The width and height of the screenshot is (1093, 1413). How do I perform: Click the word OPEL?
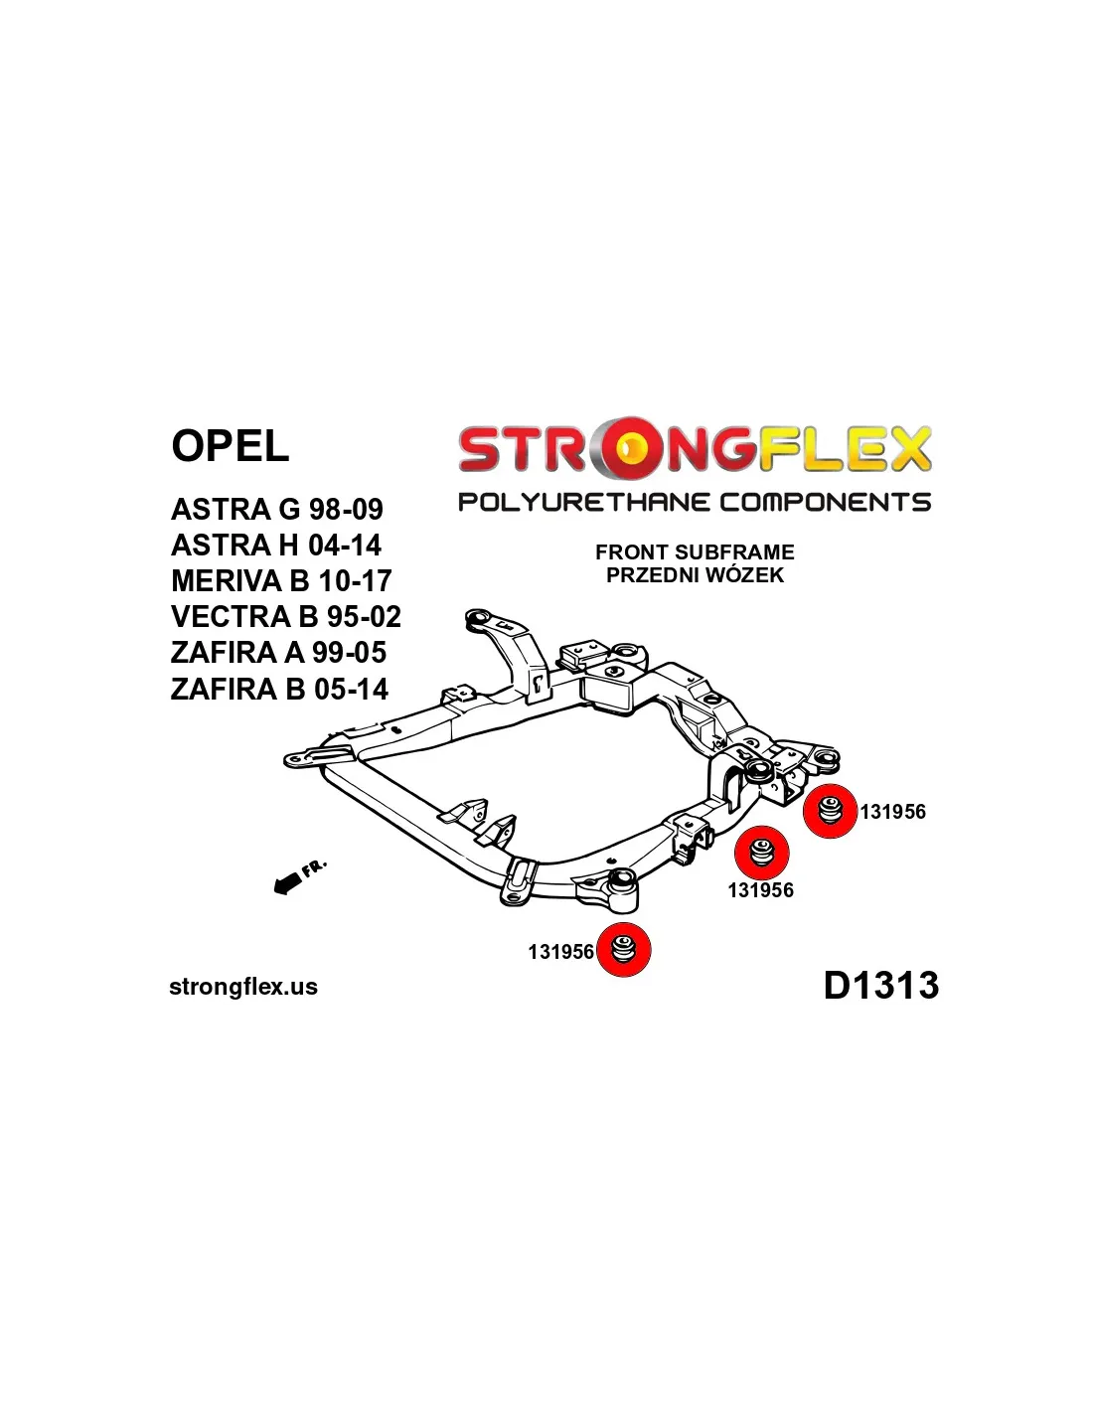click(230, 445)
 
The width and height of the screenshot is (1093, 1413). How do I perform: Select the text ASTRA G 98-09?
click(276, 509)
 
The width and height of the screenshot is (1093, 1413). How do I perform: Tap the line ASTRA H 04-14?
click(275, 545)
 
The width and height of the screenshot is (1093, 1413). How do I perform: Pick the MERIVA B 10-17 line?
click(281, 580)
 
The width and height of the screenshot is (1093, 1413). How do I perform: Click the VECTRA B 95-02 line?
click(285, 616)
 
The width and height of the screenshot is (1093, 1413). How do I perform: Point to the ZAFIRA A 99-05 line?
click(278, 653)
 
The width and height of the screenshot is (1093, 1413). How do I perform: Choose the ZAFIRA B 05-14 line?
click(279, 689)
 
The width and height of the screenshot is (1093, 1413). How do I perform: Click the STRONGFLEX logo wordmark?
click(694, 449)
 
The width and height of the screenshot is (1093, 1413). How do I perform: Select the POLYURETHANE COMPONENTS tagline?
click(694, 502)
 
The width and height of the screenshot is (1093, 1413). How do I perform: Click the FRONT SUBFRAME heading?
click(695, 552)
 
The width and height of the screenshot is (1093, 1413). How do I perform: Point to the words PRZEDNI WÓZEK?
click(695, 575)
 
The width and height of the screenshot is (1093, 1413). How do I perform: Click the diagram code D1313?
click(880, 986)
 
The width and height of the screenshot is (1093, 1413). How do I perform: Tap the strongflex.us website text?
click(243, 987)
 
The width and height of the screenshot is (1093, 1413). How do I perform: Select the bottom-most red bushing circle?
click(623, 949)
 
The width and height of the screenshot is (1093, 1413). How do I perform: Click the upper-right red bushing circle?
click(830, 811)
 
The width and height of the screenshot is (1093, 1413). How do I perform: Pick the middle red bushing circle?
click(761, 853)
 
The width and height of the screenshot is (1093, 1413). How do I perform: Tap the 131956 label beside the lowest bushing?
click(560, 952)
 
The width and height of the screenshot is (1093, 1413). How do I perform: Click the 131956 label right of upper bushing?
click(892, 812)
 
